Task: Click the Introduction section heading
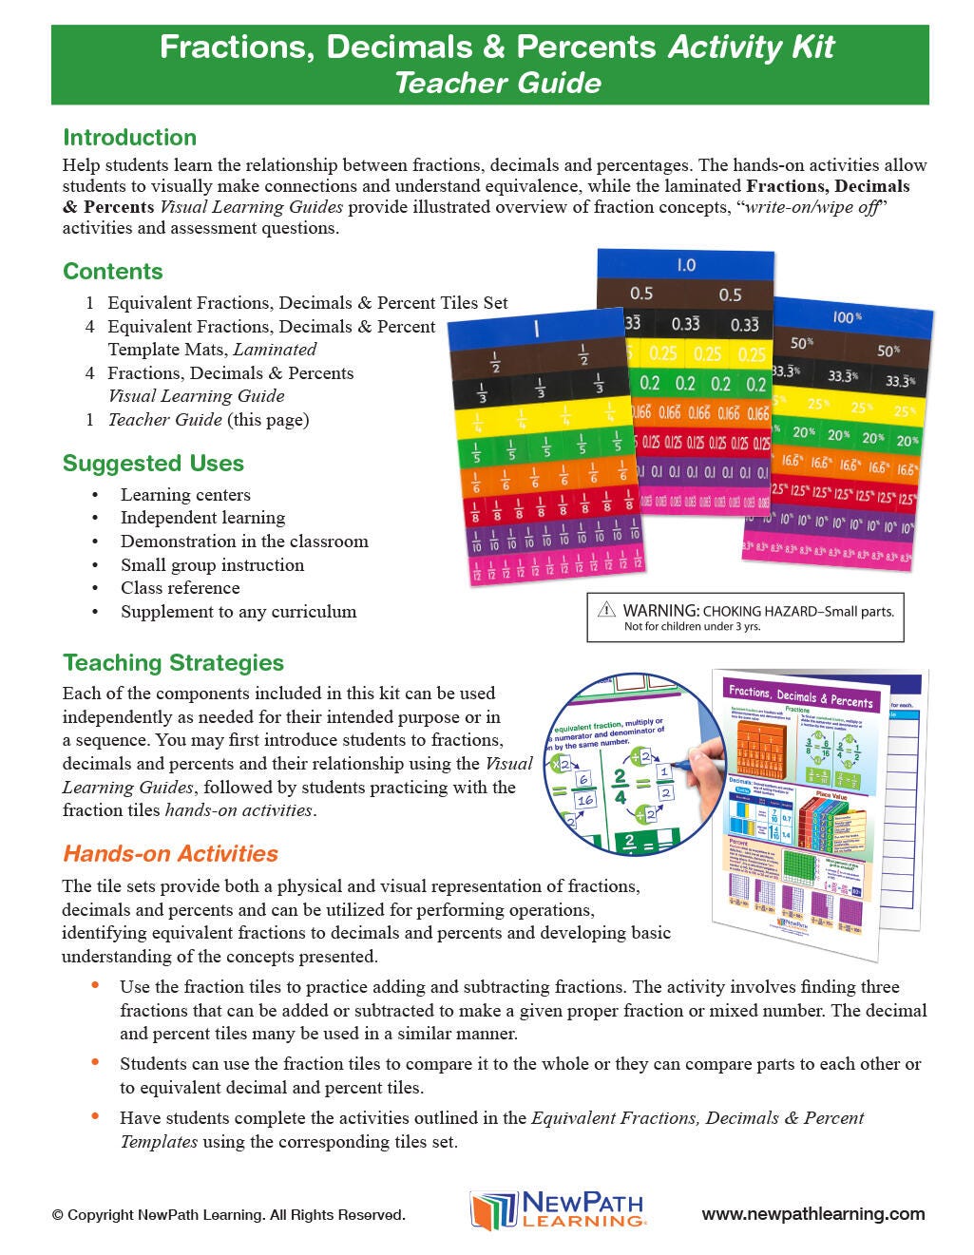129,138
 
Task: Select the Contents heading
113,272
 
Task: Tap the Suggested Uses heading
153,464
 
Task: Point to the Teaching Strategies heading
173,663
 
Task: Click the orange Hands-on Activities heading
170,853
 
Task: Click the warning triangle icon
606,610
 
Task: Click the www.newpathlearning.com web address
812,1214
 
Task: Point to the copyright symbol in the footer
58,1215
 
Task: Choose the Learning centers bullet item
185,495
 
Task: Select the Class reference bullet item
180,588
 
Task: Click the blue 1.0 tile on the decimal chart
686,265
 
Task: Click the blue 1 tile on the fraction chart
536,329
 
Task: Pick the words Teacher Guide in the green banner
497,84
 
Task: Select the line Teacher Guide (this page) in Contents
208,420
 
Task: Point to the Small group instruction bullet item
212,565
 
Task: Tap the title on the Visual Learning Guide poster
800,696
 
